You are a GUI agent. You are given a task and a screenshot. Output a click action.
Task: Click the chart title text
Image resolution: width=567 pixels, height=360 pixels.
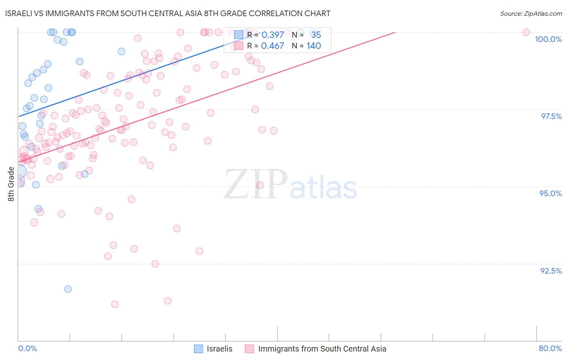point(168,14)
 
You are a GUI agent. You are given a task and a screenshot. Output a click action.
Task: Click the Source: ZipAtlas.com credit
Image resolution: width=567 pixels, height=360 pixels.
point(531,14)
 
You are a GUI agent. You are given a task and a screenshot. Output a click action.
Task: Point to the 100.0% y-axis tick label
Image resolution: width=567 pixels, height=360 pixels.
point(548,39)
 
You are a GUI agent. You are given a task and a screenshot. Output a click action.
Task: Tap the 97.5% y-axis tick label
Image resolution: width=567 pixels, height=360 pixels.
point(551,116)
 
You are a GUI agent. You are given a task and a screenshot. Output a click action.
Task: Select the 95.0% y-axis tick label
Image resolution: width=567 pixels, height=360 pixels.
point(550,193)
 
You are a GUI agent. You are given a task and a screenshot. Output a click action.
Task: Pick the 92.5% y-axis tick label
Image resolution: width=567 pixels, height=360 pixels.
point(551,271)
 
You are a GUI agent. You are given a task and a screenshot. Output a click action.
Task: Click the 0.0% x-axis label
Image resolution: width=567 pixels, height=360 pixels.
point(27,348)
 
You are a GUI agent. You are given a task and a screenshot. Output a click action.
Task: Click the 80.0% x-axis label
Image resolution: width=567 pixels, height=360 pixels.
point(550,348)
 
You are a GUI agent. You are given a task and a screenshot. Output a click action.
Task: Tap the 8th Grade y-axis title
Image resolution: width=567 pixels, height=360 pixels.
point(11,184)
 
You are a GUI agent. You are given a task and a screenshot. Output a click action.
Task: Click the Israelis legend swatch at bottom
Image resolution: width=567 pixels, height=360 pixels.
point(198,349)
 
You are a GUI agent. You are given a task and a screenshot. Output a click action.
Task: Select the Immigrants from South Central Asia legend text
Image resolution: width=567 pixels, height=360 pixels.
point(322,349)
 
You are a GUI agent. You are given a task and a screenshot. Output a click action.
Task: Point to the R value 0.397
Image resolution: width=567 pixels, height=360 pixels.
point(273,35)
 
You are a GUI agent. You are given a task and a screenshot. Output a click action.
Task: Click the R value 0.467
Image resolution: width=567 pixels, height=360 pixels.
point(273,46)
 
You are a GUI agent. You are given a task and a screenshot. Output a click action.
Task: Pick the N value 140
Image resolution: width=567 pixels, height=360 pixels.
point(314,46)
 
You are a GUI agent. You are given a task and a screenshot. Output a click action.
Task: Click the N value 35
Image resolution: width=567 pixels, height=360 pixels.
point(316,35)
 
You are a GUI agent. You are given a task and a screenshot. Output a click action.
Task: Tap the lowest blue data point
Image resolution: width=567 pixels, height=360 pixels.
point(68,289)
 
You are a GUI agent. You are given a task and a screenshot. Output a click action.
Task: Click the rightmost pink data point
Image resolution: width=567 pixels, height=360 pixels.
point(526,32)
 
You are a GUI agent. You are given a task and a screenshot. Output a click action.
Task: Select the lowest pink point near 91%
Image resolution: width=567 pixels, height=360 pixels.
point(115,304)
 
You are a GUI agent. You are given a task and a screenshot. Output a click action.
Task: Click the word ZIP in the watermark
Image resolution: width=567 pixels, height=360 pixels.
point(256,184)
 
